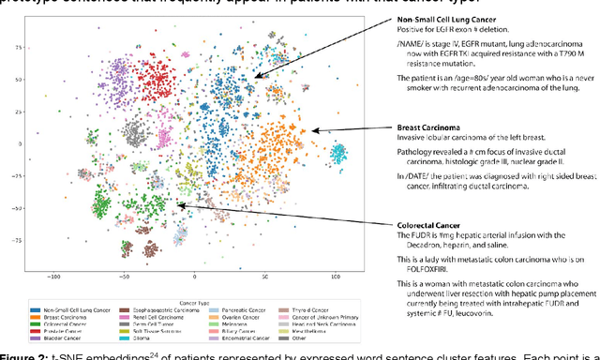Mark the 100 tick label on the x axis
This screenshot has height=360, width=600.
click(x=336, y=277)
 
